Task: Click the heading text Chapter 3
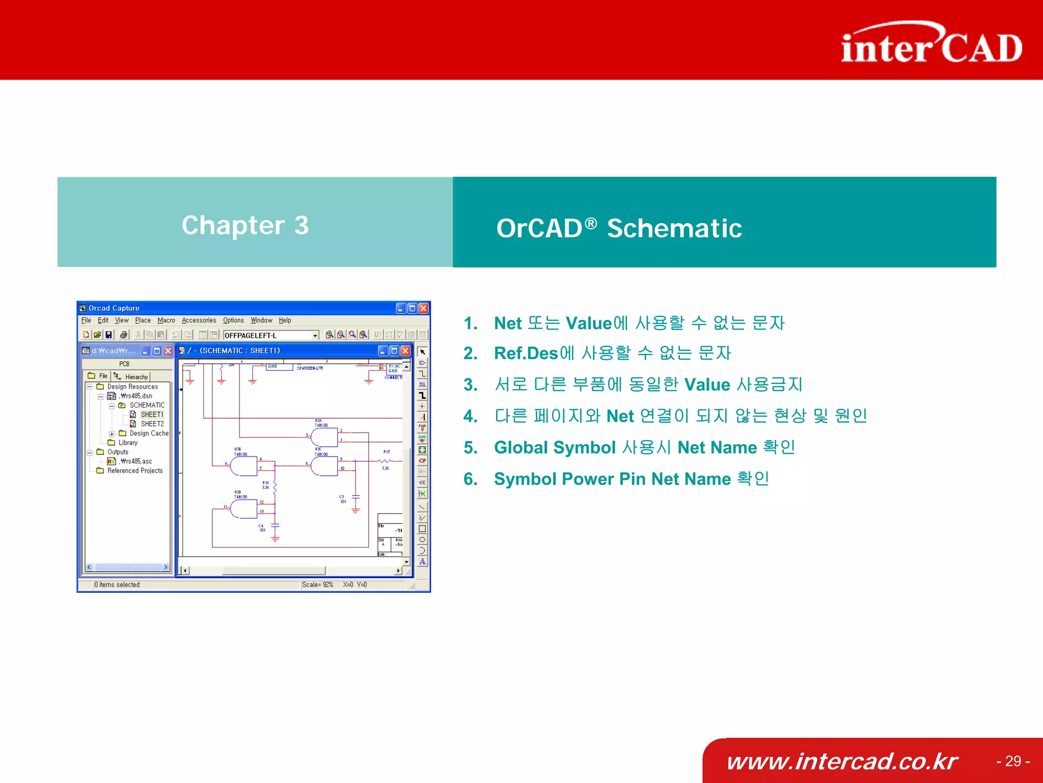[245, 225]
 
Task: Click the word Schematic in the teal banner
[674, 228]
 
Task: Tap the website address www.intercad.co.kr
[842, 761]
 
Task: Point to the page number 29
[1013, 761]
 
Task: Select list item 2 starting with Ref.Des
[612, 353]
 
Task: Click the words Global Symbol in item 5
[555, 447]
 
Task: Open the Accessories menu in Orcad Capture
[199, 320]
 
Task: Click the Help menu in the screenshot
[285, 320]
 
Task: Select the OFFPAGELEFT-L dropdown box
[270, 335]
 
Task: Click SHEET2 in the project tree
[152, 424]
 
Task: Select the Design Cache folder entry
[148, 434]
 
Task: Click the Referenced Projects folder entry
[134, 471]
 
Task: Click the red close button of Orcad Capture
[423, 308]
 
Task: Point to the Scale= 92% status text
[317, 585]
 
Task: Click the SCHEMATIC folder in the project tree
[147, 406]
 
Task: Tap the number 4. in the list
[471, 416]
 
